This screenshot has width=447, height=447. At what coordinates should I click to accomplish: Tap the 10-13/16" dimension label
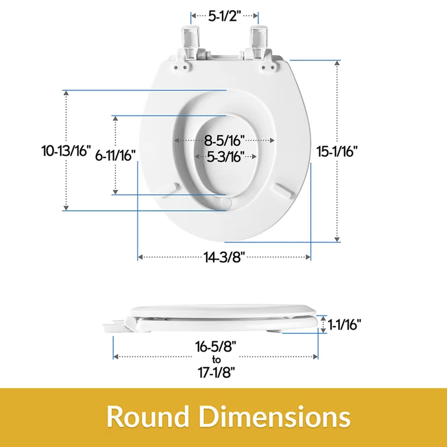pyautogui.click(x=66, y=150)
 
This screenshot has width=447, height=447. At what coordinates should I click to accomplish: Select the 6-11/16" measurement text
pyautogui.click(x=115, y=155)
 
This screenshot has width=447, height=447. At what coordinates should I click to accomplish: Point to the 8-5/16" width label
pyautogui.click(x=224, y=140)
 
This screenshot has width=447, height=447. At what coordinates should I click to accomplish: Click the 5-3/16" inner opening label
pyautogui.click(x=226, y=156)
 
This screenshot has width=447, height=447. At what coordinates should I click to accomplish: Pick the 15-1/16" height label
pyautogui.click(x=337, y=151)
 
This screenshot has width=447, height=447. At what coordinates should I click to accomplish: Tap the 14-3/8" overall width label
pyautogui.click(x=224, y=257)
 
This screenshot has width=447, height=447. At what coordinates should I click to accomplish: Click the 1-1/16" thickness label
pyautogui.click(x=345, y=324)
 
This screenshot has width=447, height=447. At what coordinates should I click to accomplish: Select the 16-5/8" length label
pyautogui.click(x=216, y=347)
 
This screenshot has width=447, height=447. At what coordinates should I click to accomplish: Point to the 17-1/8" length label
pyautogui.click(x=217, y=372)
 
